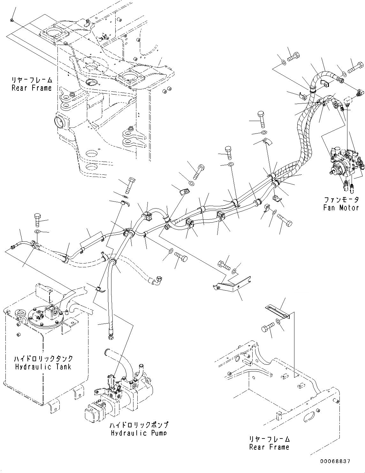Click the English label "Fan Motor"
(341, 208)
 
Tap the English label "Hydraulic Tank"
(43, 366)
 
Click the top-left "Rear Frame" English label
(32, 88)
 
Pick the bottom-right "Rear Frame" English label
(269, 447)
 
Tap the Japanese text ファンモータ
(341, 200)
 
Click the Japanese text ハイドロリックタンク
(43, 359)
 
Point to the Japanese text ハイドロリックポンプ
(139, 425)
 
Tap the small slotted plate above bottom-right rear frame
(277, 312)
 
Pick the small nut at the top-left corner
(11, 20)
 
